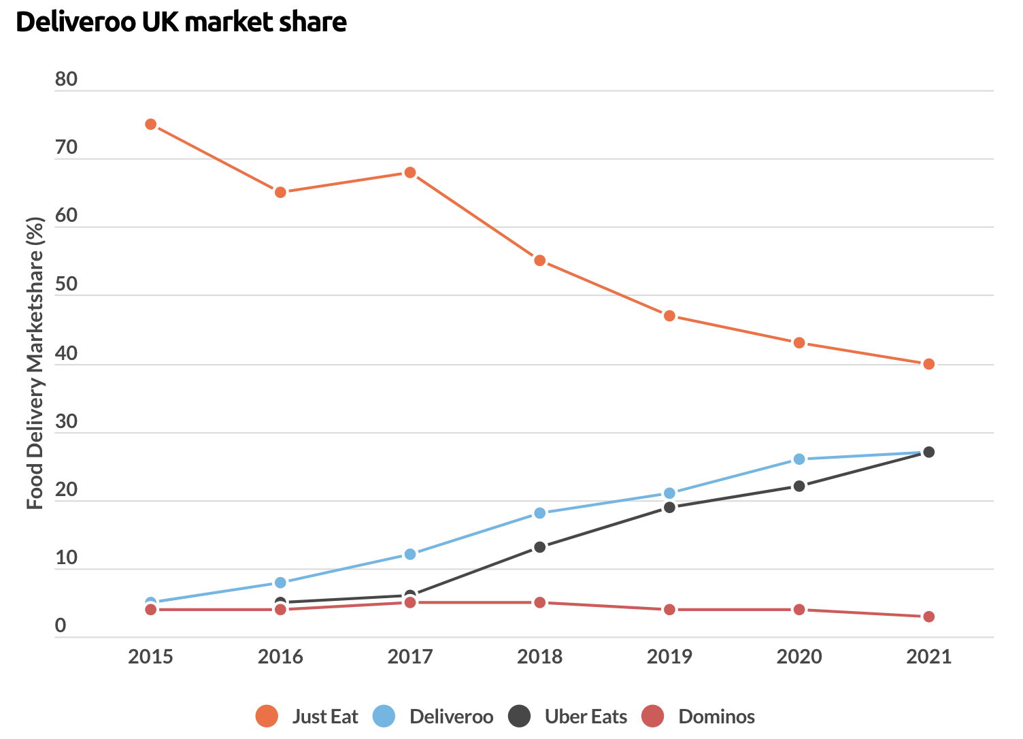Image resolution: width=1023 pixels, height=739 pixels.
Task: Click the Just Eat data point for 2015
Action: pyautogui.click(x=151, y=125)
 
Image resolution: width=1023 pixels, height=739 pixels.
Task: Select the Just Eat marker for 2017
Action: pyautogui.click(x=410, y=173)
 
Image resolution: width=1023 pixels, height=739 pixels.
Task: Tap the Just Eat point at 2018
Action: pyautogui.click(x=540, y=261)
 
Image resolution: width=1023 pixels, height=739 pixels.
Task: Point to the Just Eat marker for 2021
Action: pyautogui.click(x=929, y=364)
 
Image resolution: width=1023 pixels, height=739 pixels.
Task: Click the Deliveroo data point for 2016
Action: pyautogui.click(x=280, y=582)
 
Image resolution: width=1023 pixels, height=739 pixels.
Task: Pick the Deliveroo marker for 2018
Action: pyautogui.click(x=540, y=513)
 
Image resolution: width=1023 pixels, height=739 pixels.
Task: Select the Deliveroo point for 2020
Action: pyautogui.click(x=799, y=459)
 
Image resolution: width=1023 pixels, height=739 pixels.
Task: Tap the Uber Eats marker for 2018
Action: pyautogui.click(x=540, y=547)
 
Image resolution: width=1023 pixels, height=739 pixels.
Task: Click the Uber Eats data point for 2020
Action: pyautogui.click(x=799, y=486)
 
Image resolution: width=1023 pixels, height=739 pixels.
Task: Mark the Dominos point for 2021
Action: pyautogui.click(x=929, y=617)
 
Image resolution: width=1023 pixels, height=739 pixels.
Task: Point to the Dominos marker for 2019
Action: pyautogui.click(x=669, y=610)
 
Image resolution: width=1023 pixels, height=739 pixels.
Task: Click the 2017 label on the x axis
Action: pyautogui.click(x=410, y=657)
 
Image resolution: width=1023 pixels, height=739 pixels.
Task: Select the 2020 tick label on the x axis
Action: pyautogui.click(x=799, y=657)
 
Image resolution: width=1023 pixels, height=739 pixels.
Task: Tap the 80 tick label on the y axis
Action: pyautogui.click(x=67, y=80)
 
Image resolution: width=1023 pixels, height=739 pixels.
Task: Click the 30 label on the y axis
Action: pyautogui.click(x=67, y=422)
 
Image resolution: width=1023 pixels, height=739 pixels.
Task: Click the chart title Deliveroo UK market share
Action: pyautogui.click(x=182, y=22)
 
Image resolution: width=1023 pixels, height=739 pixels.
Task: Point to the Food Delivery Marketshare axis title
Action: pyautogui.click(x=35, y=363)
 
